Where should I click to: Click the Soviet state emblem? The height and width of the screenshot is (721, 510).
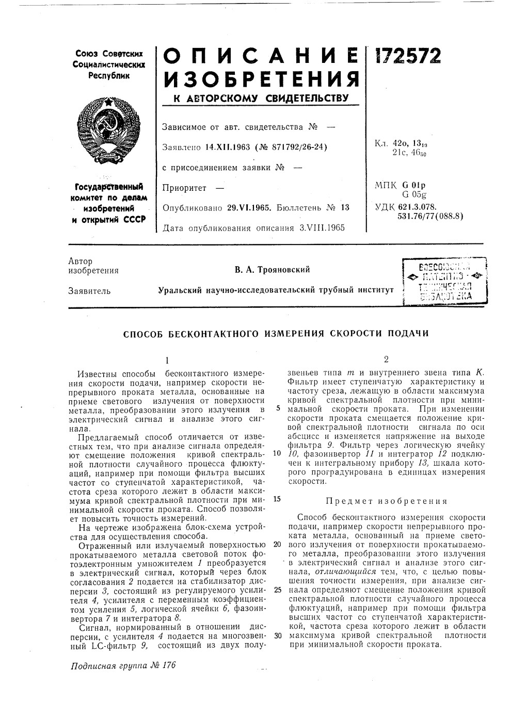click(108, 125)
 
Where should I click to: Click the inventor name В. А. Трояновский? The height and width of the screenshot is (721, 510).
click(272, 270)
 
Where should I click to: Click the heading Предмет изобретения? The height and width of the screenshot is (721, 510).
click(386, 501)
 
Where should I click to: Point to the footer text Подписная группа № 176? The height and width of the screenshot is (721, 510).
click(123, 665)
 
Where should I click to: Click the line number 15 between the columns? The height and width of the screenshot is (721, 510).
click(276, 499)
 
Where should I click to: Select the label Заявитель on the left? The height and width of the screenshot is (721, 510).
click(89, 291)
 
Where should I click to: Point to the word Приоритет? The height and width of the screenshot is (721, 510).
click(184, 188)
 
